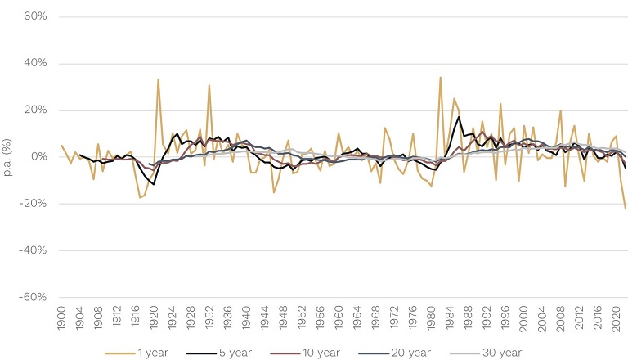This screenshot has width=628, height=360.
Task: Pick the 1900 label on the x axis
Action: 62,320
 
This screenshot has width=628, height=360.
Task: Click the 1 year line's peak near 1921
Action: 158,79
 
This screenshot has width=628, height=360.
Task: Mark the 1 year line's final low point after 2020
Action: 626,208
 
